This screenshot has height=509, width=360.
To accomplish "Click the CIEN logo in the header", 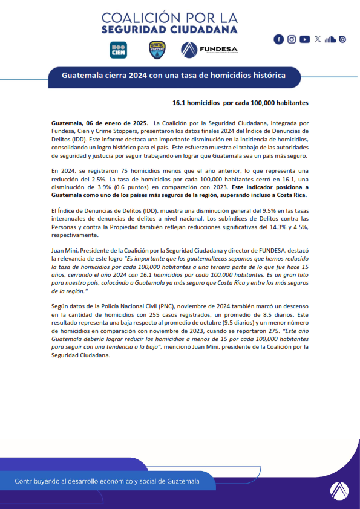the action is point(118,50).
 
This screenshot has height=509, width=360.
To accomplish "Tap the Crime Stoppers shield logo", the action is point(157,50).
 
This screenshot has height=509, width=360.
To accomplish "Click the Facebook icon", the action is point(279,39).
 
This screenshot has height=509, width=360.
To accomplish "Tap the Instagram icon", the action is point(292,39).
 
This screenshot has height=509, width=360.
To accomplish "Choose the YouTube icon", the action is point(304,39).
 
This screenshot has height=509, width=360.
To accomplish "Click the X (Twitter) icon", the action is point(318,39).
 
